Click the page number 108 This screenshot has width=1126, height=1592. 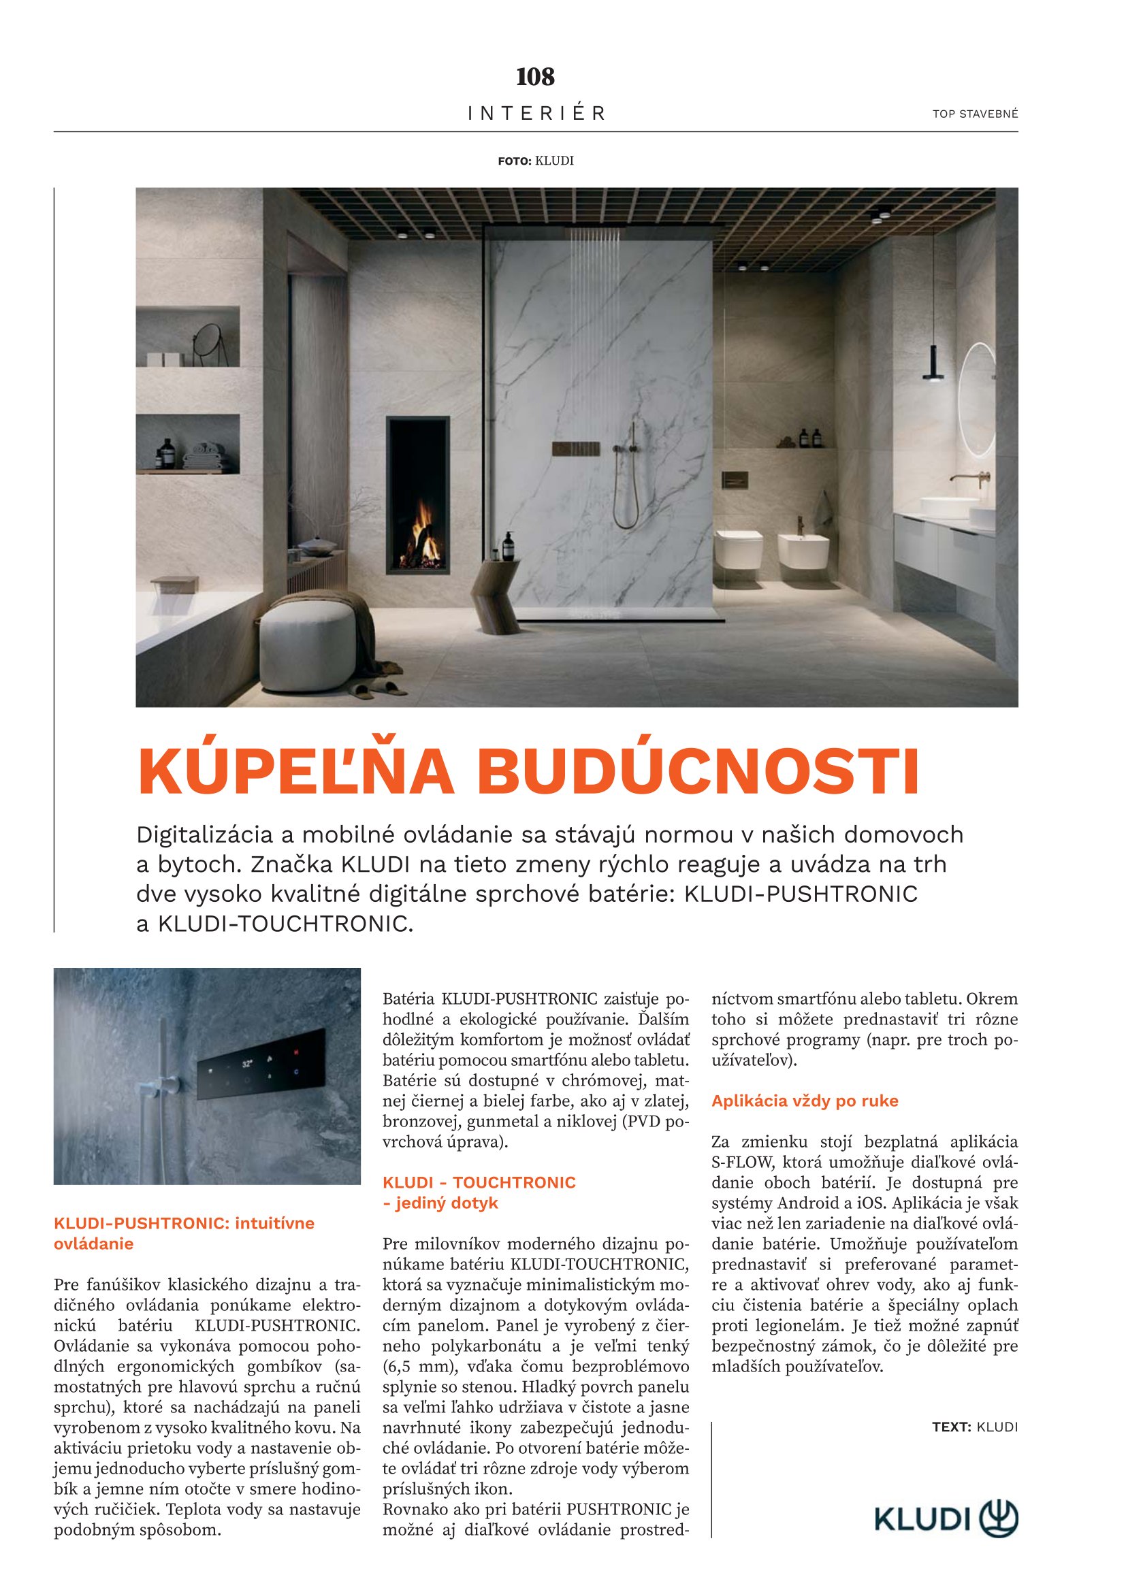(535, 76)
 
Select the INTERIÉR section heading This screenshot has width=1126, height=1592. (536, 113)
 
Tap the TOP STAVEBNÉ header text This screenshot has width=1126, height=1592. (975, 114)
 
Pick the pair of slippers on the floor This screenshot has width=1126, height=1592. (378, 689)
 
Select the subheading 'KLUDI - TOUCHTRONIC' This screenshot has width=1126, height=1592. (479, 1182)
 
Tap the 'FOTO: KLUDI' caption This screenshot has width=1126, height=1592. (535, 161)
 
